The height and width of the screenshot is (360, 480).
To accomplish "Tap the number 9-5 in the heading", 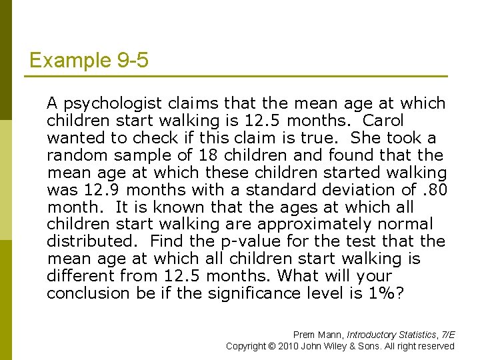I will pyautogui.click(x=130, y=61).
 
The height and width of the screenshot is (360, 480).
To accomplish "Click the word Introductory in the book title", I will pyautogui.click(x=369, y=335).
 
